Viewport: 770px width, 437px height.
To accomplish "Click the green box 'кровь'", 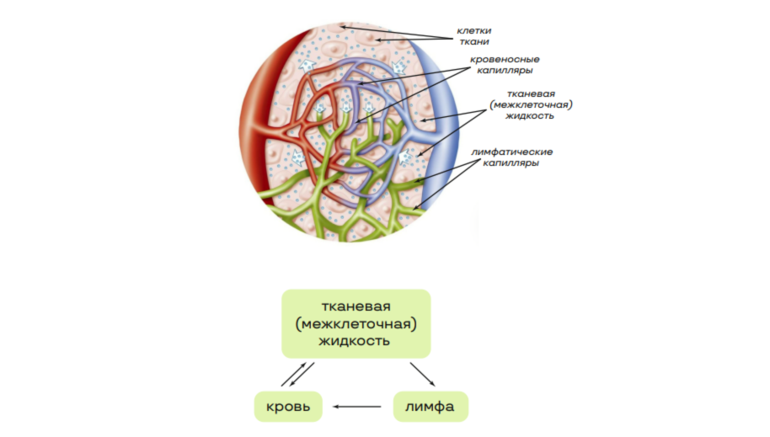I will pyautogui.click(x=288, y=408).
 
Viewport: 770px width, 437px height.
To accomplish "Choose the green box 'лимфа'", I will pyautogui.click(x=430, y=408).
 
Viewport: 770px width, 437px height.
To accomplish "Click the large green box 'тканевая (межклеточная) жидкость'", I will pyautogui.click(x=356, y=323).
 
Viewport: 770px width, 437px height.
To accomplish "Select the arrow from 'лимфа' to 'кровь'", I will pyautogui.click(x=357, y=408).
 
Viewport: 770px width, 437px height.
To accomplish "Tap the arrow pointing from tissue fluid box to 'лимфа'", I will pyautogui.click(x=423, y=376).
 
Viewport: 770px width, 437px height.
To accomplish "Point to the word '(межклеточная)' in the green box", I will pyautogui.click(x=356, y=323).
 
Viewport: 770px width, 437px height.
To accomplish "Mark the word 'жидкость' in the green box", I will pyautogui.click(x=356, y=341).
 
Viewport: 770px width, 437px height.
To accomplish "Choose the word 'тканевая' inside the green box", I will pyautogui.click(x=356, y=305).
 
